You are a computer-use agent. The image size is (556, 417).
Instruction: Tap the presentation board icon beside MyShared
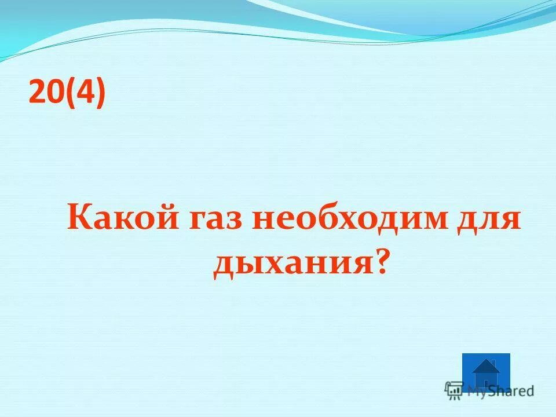pos(455,390)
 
